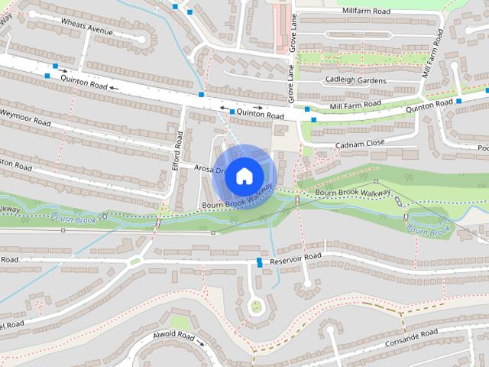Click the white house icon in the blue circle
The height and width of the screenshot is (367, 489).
tap(244, 175)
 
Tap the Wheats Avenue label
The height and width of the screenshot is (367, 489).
tap(87, 31)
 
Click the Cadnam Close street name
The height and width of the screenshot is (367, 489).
tap(359, 145)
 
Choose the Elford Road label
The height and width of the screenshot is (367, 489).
tap(179, 148)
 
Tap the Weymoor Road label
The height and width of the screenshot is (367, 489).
tap(24, 119)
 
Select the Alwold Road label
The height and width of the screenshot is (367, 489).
tap(173, 336)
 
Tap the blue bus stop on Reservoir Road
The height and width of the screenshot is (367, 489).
tap(260, 262)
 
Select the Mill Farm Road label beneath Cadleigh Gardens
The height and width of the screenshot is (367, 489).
tap(355, 103)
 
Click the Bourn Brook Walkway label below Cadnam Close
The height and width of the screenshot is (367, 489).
tap(353, 192)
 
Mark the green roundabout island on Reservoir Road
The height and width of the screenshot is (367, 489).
tap(135, 261)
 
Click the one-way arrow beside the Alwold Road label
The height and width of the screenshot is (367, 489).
tap(202, 343)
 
